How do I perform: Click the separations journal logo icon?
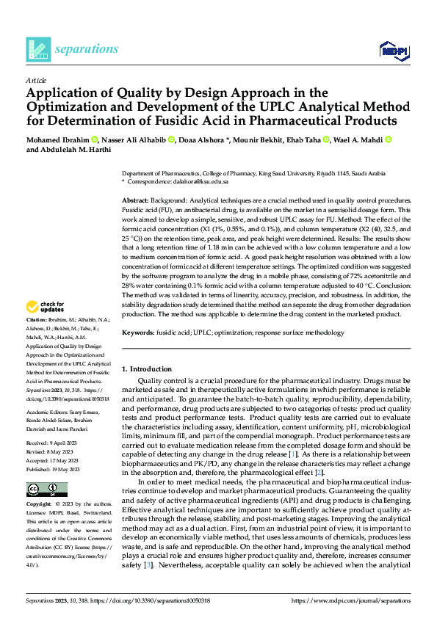coord(38,48)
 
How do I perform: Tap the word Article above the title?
coord(35,80)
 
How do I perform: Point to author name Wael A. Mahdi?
coord(355,139)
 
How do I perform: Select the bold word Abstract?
coord(136,200)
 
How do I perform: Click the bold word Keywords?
coord(138,332)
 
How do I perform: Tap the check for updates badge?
coord(46,308)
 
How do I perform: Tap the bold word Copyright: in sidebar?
coord(39,505)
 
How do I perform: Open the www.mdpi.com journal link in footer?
coord(351,600)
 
